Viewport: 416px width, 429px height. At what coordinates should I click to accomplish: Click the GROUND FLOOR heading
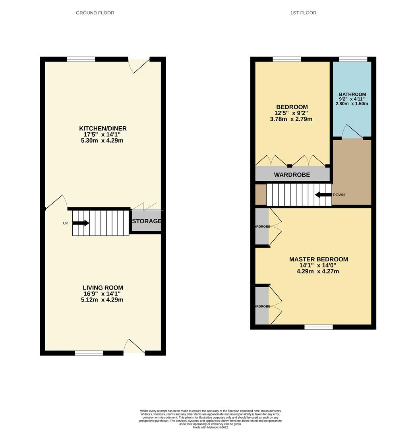coord(95,13)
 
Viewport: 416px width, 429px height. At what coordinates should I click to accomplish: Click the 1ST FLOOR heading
coord(303,13)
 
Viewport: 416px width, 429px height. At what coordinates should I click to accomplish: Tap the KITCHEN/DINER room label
coord(103,128)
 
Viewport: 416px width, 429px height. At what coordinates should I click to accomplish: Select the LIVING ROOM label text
coord(103,288)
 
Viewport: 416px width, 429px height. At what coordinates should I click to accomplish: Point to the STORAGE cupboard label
coord(147,221)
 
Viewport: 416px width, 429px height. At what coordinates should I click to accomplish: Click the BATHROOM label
coord(352,95)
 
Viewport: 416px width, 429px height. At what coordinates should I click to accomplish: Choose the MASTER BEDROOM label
coord(318,259)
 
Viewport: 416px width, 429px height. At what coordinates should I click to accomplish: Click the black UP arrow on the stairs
coord(81,223)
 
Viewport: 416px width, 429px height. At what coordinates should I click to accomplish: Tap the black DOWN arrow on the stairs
coord(323,195)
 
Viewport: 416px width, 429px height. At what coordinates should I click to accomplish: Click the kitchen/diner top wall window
coord(81,59)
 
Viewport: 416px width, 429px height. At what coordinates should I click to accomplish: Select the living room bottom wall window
coord(89,353)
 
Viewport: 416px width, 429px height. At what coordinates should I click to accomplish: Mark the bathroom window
coord(353,59)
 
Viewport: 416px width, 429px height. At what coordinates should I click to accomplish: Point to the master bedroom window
coord(319,327)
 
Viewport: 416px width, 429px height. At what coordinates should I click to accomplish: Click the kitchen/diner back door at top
coord(139,65)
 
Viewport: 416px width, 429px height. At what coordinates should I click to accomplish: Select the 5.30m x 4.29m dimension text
coord(103,141)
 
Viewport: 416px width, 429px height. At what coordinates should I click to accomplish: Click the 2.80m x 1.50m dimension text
coord(352,104)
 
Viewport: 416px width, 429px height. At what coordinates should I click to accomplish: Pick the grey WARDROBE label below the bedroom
coord(292,175)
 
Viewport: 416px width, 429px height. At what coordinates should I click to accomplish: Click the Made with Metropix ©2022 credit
coord(211,427)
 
